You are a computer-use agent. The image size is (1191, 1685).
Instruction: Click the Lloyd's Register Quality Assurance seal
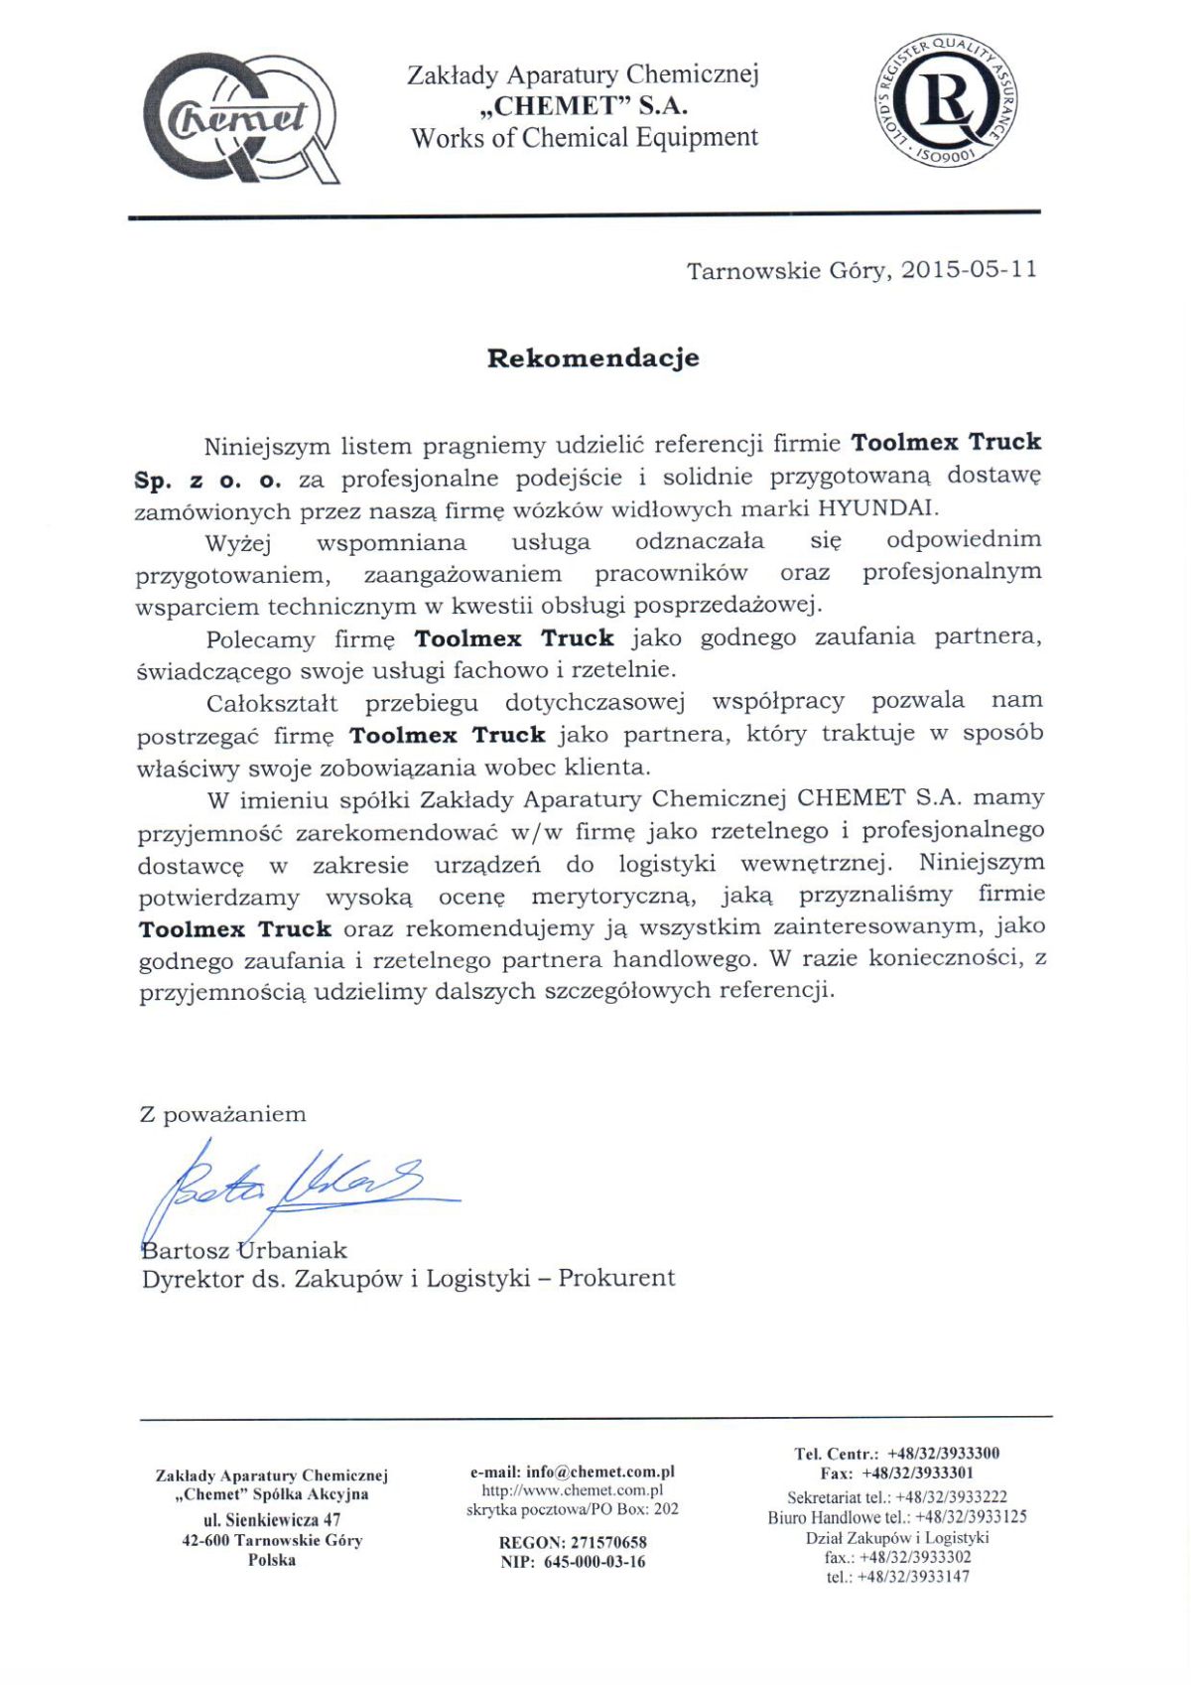coord(945,99)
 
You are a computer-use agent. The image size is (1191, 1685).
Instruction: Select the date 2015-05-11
coord(969,270)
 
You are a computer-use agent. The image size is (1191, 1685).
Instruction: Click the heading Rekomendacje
coord(593,358)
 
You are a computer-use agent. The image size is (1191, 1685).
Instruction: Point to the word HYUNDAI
coord(876,508)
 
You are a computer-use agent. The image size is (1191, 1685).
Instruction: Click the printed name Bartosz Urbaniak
coord(244,1250)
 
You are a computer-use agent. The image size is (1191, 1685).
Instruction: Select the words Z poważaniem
coord(222,1114)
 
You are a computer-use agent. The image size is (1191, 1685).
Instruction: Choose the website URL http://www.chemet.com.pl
coord(572,1490)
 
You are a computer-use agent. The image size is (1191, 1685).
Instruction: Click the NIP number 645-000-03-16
coord(594,1562)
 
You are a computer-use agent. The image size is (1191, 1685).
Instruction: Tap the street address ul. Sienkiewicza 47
coord(272,1519)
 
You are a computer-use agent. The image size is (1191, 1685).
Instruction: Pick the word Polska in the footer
coord(272,1560)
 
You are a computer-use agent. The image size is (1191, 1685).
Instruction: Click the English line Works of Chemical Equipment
coord(585,138)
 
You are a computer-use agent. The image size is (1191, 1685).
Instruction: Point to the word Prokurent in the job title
coord(616,1278)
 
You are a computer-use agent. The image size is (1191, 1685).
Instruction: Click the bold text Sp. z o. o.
coord(208,481)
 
